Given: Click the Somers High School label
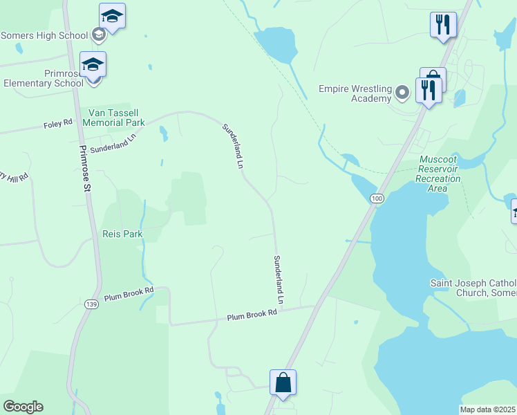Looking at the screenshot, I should point(45,35).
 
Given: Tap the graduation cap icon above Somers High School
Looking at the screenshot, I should point(112,16).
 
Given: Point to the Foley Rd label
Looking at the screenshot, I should point(58,123).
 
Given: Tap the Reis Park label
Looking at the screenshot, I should point(122,234).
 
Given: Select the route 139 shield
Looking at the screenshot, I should point(91,304).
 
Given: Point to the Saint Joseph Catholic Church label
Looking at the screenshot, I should point(473,288).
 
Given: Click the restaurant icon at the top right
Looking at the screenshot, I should point(442,25).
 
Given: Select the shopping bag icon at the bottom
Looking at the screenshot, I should point(283,382).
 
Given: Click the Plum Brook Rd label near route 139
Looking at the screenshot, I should point(127,295).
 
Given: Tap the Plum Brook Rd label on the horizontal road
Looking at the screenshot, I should point(252,315).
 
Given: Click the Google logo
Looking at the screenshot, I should point(23,407).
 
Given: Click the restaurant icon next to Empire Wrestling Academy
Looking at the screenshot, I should point(429,90).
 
